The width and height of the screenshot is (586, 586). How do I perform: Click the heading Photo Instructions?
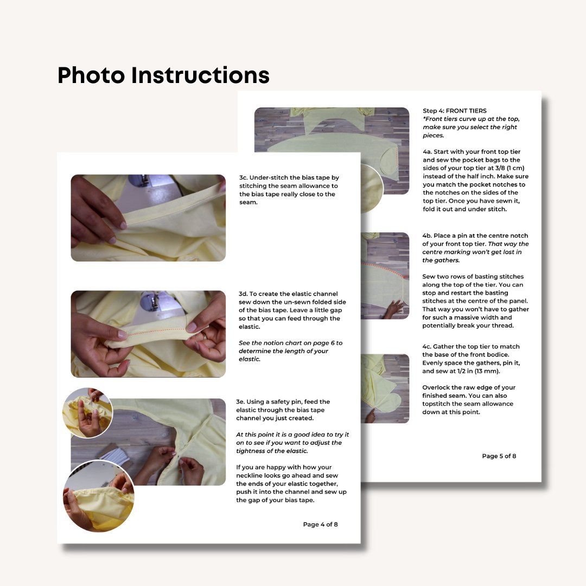coord(163,75)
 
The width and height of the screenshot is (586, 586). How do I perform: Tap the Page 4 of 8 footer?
coord(320,524)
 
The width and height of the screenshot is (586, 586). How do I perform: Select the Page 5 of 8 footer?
coord(499,456)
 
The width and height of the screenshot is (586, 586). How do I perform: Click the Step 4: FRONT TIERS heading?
coord(455,111)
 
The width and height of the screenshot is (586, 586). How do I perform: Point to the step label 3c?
coord(243,177)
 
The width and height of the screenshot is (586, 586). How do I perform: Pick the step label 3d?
coord(243,294)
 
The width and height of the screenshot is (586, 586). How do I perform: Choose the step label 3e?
coord(240,402)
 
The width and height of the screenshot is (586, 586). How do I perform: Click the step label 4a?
coord(427,152)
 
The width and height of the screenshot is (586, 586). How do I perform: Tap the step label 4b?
coord(427,236)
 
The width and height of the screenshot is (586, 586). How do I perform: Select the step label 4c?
coord(426,346)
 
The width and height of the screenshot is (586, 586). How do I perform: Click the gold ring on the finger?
coord(205,336)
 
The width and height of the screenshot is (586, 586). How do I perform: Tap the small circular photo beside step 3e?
coord(87,412)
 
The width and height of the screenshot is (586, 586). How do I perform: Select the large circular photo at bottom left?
coord(99,496)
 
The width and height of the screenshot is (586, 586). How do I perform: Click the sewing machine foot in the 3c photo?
coord(144,181)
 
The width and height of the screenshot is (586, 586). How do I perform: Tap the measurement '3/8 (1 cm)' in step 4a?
coord(509,168)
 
